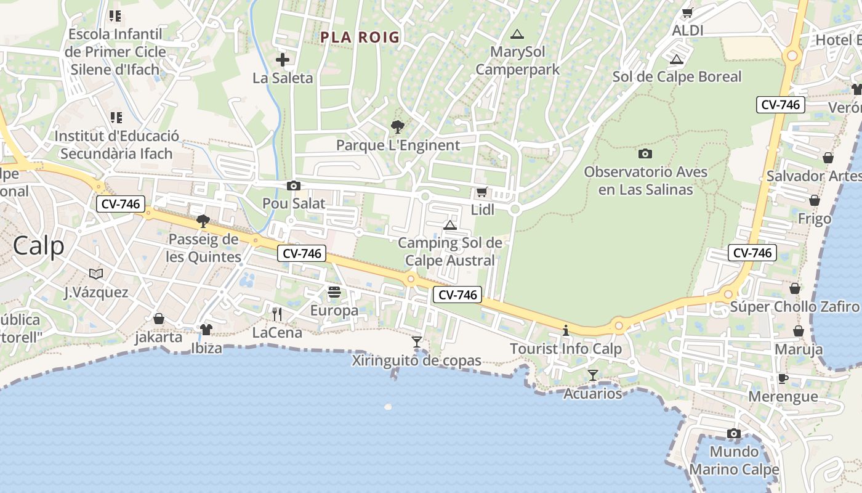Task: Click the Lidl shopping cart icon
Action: point(481,192)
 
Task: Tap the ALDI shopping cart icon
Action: point(688,12)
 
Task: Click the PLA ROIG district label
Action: point(360,38)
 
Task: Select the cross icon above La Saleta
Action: point(283,60)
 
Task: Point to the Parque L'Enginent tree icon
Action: point(398,127)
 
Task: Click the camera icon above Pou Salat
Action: point(294,185)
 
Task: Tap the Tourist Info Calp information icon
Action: point(566,331)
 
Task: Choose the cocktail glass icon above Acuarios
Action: point(593,375)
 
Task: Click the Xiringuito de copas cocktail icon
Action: point(417,342)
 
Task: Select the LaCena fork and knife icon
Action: point(277,314)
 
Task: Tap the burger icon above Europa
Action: point(334,292)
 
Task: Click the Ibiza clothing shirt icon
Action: point(206,330)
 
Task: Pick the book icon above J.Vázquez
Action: point(96,274)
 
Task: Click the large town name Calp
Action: point(38,246)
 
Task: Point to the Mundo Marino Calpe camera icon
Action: point(733,434)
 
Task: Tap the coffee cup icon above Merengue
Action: point(783,378)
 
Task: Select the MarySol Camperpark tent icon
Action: point(517,34)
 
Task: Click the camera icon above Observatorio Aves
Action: point(645,153)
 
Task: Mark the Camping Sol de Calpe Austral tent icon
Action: point(450,225)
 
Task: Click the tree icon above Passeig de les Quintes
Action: point(203,221)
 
